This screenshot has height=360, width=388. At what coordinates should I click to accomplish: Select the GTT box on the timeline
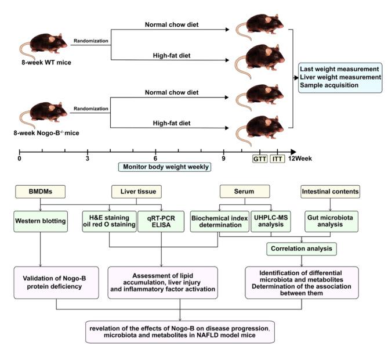point(259,158)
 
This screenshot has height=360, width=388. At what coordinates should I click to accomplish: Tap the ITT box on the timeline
point(277,158)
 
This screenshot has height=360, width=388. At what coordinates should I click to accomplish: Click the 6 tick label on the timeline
point(155,158)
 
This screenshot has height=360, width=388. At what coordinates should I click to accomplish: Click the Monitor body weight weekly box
point(164,167)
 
